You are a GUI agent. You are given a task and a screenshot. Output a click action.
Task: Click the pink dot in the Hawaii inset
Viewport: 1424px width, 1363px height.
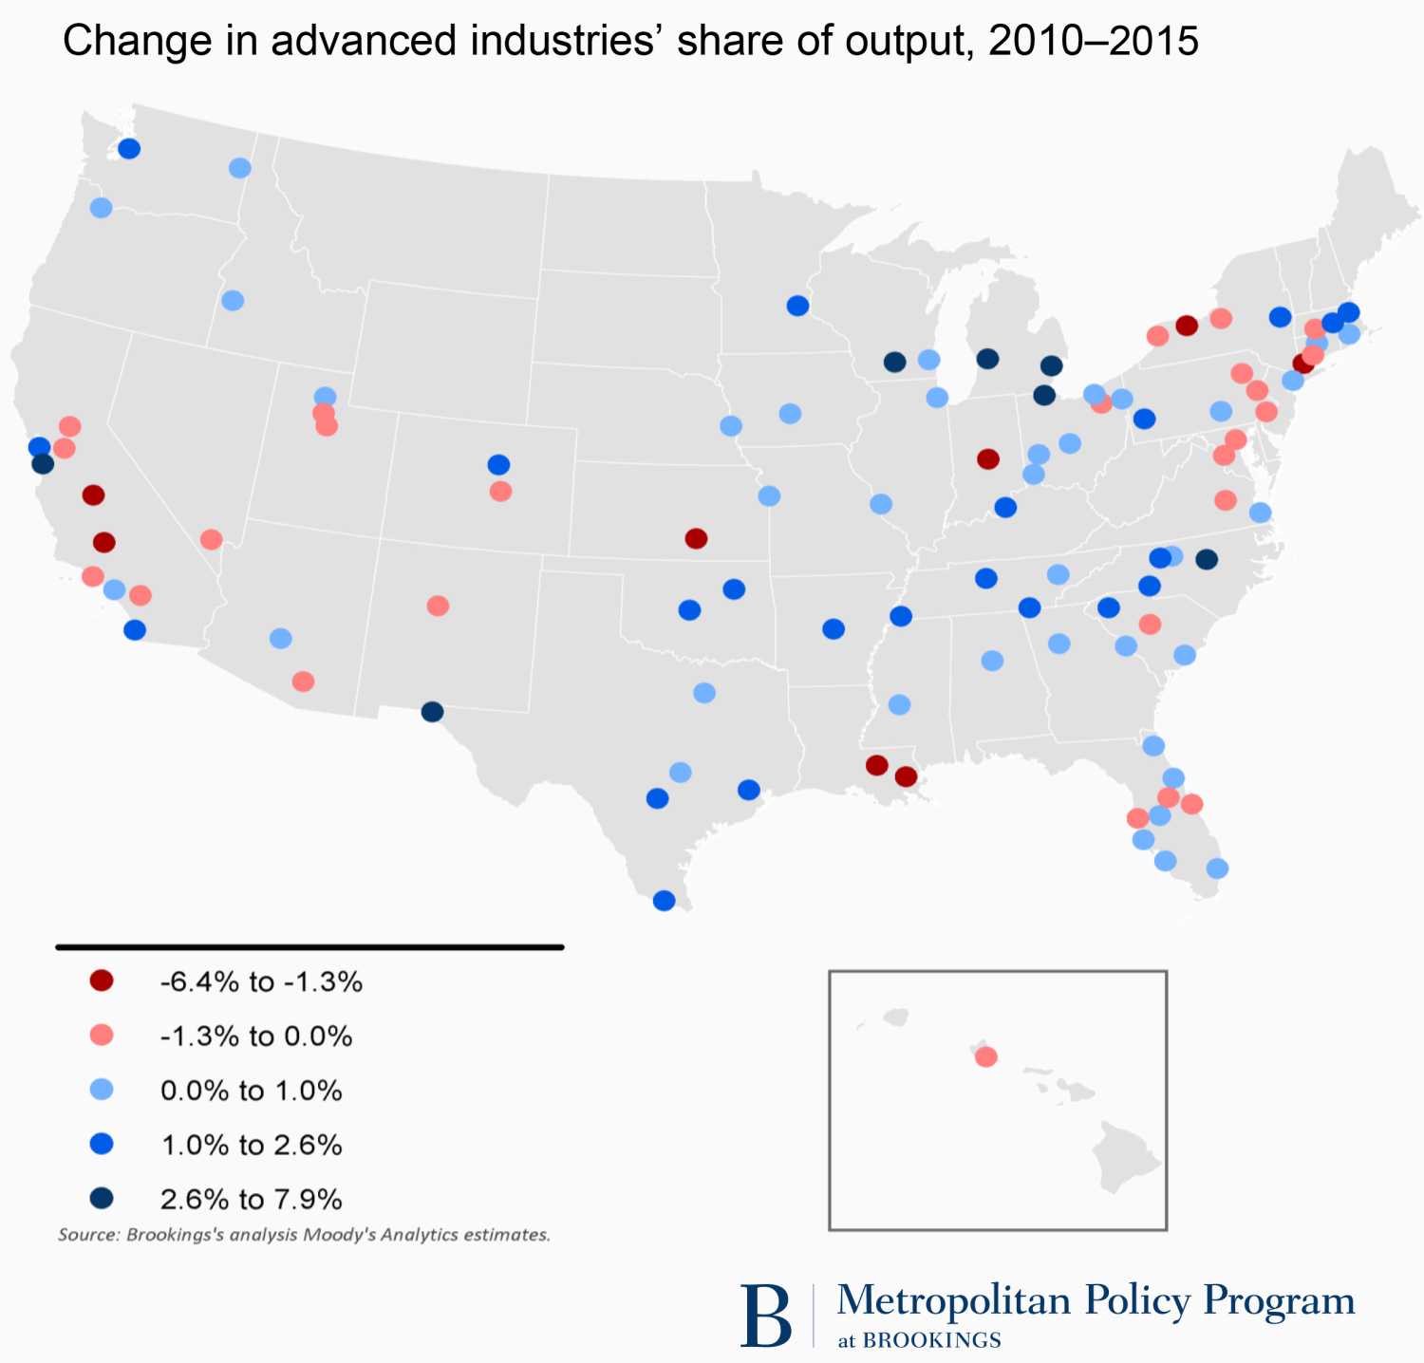[x=986, y=1056]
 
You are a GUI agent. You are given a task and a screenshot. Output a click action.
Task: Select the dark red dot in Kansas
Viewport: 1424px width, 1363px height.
[x=696, y=538]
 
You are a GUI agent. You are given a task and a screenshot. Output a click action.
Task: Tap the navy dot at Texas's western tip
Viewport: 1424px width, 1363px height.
[x=432, y=712]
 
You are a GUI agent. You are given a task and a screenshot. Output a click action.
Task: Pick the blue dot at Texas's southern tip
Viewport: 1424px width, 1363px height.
[x=665, y=901]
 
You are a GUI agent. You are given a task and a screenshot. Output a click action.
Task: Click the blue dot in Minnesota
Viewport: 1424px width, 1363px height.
[x=797, y=306]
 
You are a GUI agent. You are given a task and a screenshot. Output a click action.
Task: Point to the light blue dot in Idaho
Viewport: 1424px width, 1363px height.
[x=233, y=301]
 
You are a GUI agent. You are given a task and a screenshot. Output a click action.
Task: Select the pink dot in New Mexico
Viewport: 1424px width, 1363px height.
[x=438, y=606]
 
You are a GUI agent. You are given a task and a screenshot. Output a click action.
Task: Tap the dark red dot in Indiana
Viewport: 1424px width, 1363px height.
[x=988, y=459]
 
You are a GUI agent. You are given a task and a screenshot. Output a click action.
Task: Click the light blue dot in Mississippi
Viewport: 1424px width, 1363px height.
[x=899, y=704]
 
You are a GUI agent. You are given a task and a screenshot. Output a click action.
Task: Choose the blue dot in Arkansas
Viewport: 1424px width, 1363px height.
[x=834, y=628]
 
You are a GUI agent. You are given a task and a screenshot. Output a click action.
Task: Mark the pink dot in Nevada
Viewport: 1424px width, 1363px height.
[x=212, y=539]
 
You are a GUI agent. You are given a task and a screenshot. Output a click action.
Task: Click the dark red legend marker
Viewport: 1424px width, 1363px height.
[x=102, y=981]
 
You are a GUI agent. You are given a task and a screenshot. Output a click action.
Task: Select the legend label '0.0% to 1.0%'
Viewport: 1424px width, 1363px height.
[x=252, y=1091]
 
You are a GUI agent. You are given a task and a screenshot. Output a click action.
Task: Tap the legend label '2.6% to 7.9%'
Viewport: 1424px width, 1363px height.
[x=252, y=1200]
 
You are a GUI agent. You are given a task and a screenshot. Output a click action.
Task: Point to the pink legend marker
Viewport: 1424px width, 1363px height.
[x=102, y=1036]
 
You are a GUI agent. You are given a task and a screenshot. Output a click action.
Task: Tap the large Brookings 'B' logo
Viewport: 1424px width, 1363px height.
[x=765, y=1316]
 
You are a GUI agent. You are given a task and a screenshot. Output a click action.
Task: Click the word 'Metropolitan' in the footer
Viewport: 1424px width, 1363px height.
[x=953, y=1299]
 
